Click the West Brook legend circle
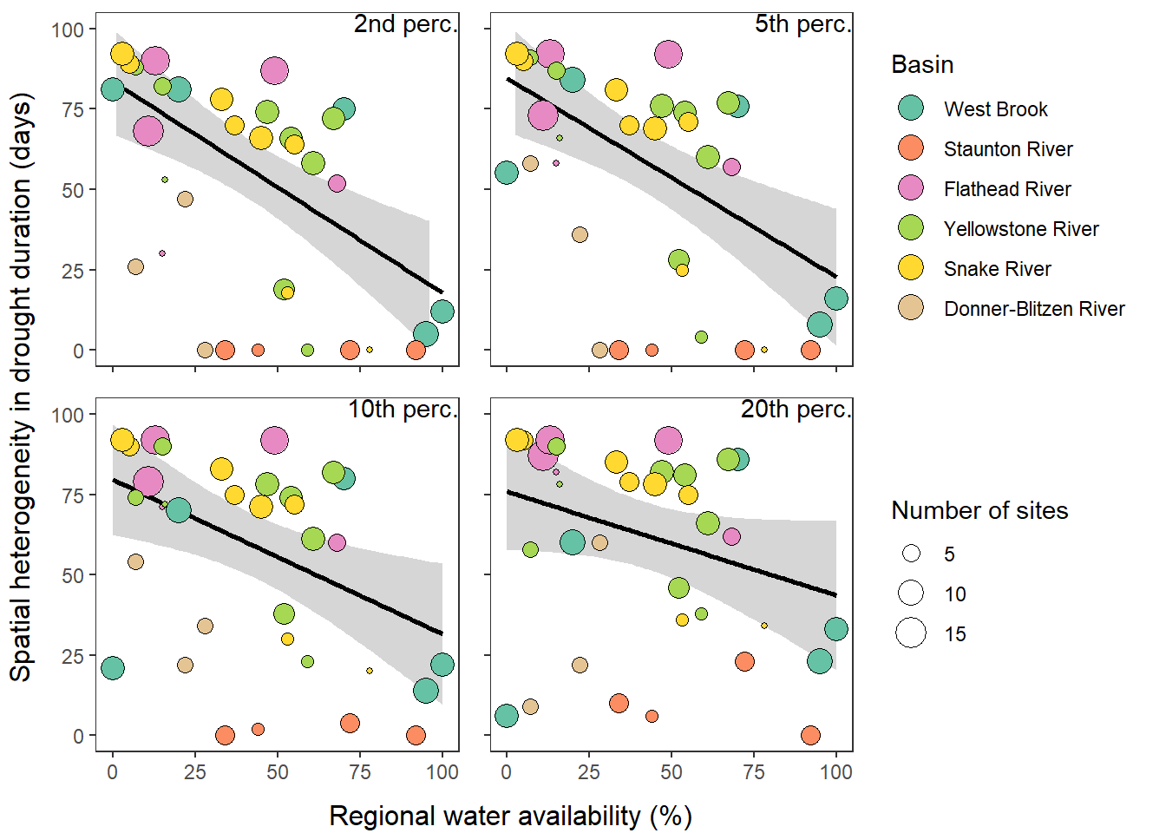911,108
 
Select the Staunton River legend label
1008,149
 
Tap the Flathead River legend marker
911,188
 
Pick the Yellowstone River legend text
1021,229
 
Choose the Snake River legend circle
911,268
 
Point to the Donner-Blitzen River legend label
1034,309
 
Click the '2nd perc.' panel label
405,24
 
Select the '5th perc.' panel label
802,24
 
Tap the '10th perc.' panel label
403,410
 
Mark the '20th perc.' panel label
796,410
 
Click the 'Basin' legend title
922,65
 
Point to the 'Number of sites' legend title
979,510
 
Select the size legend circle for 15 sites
911,633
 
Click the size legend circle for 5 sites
911,554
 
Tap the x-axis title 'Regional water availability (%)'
510,816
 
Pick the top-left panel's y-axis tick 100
68,30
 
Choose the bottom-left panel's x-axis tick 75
360,772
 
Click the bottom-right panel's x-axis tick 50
671,772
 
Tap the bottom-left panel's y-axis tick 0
78,736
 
